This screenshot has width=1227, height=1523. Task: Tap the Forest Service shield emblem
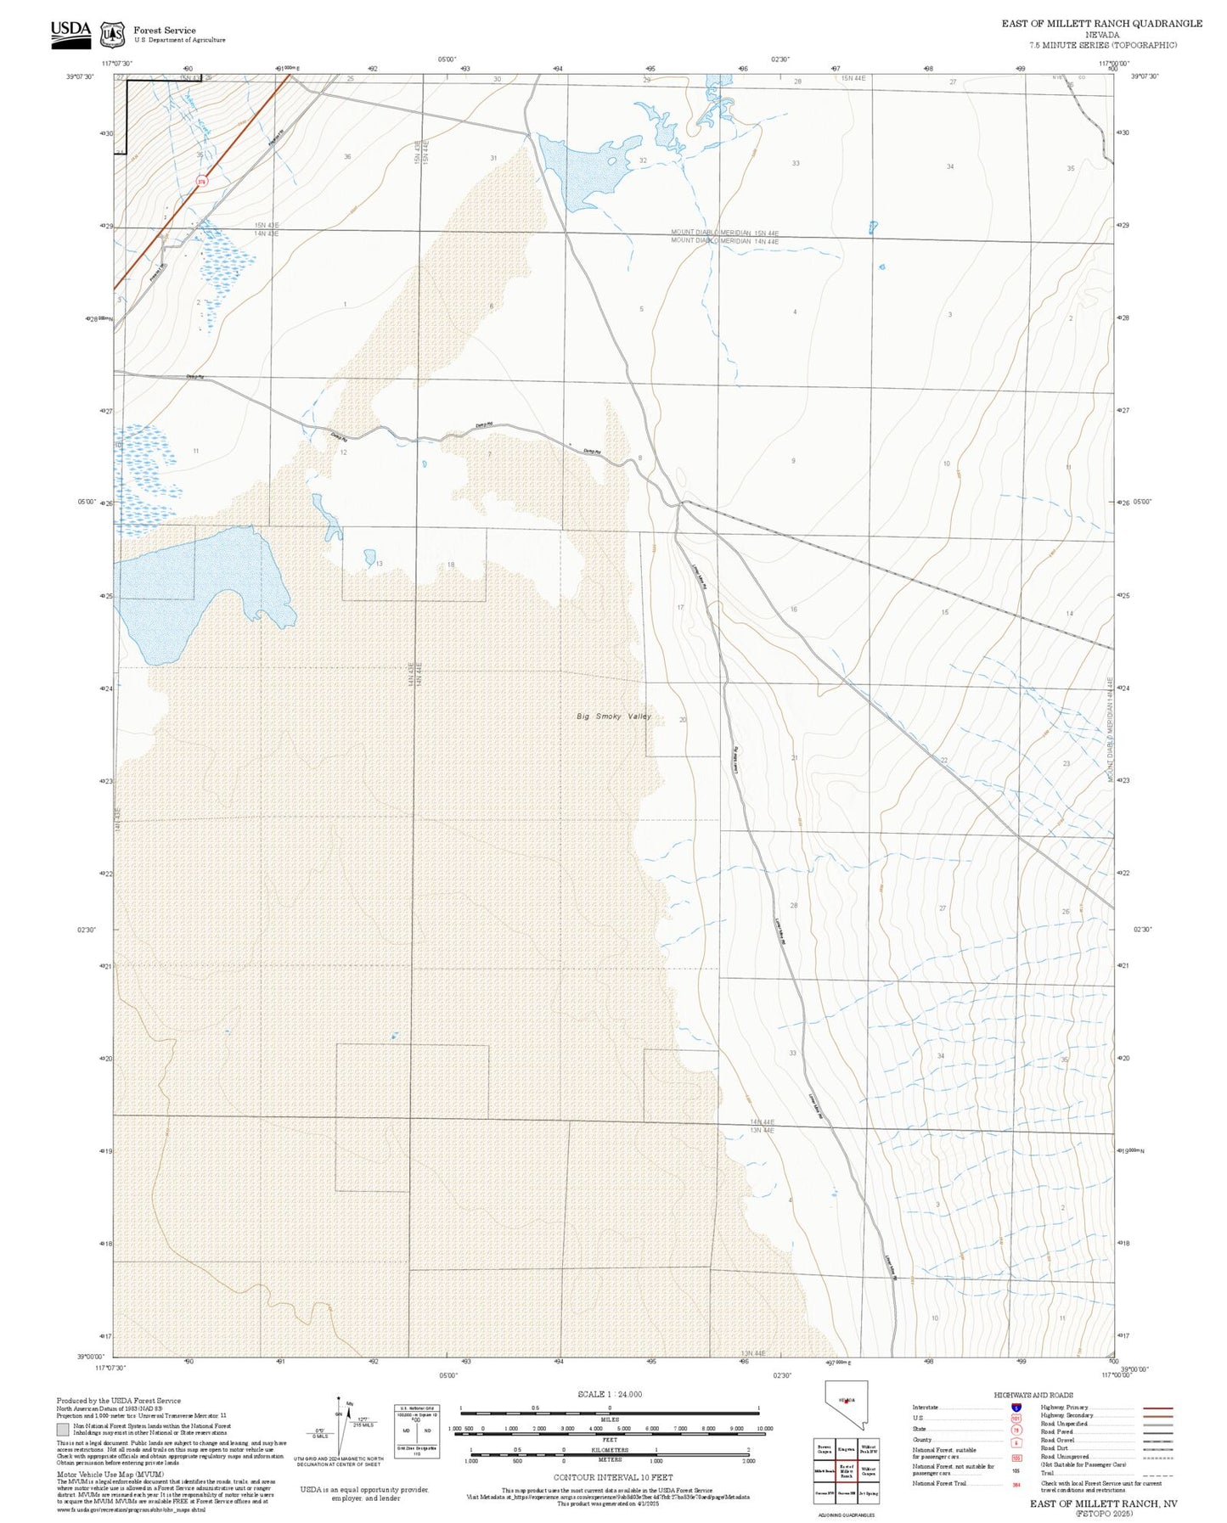(x=111, y=34)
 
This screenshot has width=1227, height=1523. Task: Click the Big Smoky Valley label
(x=614, y=717)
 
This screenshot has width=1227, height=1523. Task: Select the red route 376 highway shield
(x=201, y=181)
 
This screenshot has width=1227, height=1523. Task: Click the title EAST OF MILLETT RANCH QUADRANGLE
(x=1101, y=23)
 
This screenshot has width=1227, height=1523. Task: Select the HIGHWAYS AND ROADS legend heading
(x=1033, y=1395)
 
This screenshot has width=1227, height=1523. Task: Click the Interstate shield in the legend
(x=1016, y=1408)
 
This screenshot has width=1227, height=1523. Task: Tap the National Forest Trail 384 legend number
(x=1016, y=1484)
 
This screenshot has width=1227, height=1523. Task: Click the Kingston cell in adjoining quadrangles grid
(x=846, y=1449)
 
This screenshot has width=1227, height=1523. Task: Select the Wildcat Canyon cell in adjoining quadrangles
(x=868, y=1470)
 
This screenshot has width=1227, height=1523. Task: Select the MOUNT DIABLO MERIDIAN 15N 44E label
(x=724, y=232)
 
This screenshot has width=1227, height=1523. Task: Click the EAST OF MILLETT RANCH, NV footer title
(x=1103, y=1503)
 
